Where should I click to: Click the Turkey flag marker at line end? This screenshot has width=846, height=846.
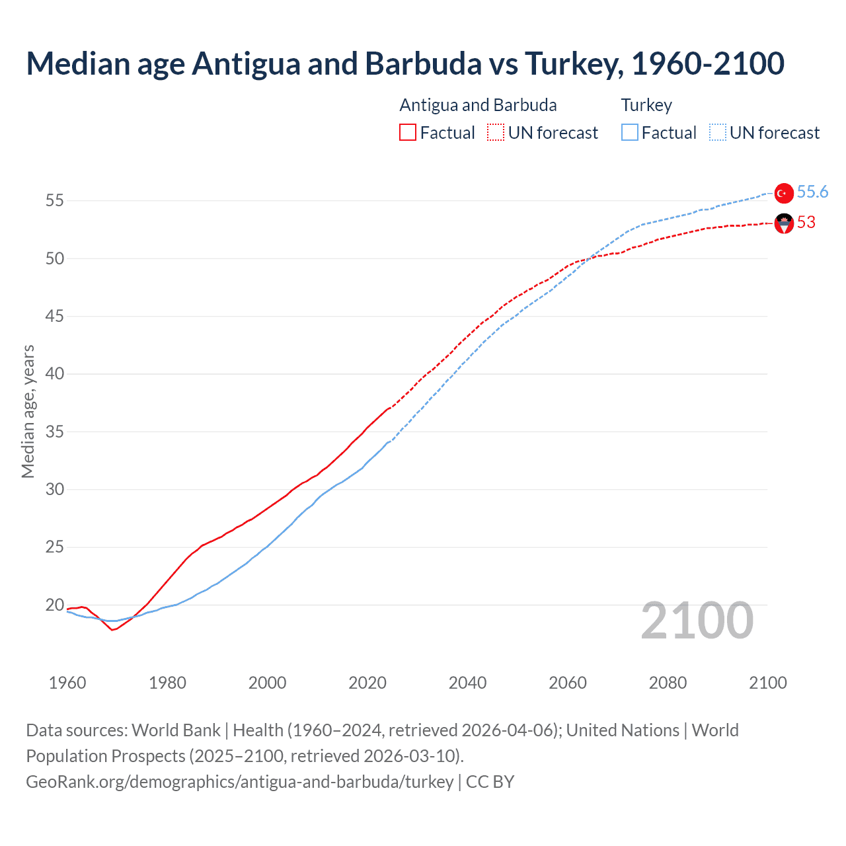[x=784, y=193]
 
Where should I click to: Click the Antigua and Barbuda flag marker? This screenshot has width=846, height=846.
[x=784, y=224]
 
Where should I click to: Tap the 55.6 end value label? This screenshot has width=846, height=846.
[x=812, y=192]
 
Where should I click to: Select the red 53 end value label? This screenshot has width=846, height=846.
[x=806, y=223]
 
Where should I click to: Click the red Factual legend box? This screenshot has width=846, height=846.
[x=408, y=133]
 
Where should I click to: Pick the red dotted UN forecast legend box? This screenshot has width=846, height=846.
[x=496, y=133]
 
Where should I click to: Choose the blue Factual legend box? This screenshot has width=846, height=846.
[x=629, y=133]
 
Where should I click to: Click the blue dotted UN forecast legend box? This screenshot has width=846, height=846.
[x=717, y=133]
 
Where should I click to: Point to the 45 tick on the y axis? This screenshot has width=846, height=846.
[x=55, y=316]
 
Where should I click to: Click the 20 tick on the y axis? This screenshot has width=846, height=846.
[x=55, y=605]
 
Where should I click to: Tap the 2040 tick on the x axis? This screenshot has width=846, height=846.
[x=467, y=683]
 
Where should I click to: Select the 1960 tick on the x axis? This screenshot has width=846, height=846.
[x=67, y=683]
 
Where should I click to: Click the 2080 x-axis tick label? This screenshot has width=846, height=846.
[x=668, y=683]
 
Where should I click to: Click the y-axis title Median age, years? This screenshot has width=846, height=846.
[x=28, y=411]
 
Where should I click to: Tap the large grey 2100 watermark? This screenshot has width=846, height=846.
[x=697, y=621]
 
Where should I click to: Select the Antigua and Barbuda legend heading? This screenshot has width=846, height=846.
[x=478, y=105]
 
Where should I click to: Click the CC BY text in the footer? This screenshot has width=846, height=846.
[x=490, y=782]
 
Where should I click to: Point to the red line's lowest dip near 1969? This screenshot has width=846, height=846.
[x=112, y=630]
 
